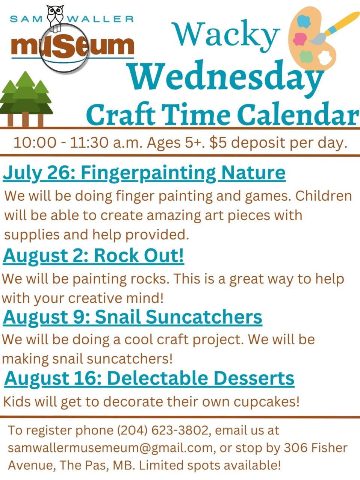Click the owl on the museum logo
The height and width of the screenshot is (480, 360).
coord(55,18)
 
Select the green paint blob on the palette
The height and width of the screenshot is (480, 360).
coord(306,56)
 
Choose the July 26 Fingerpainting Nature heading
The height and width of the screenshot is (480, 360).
coord(144,173)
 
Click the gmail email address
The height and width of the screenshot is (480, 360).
coord(110,448)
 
